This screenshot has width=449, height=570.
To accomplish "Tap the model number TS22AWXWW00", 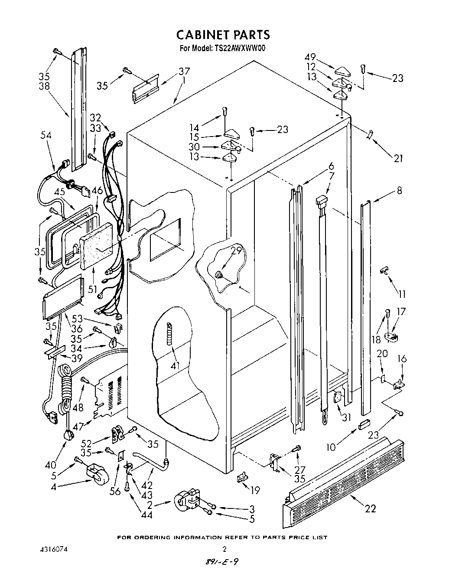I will [238, 48].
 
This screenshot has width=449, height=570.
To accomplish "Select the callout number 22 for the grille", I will [370, 508].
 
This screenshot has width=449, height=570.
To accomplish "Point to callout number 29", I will [235, 251].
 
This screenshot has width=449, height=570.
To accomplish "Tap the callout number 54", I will [46, 136].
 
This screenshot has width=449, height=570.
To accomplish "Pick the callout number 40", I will [51, 465].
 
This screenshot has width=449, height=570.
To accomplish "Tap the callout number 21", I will [398, 158].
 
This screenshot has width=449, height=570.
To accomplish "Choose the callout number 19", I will [255, 490].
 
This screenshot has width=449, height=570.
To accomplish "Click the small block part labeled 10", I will [363, 423].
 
